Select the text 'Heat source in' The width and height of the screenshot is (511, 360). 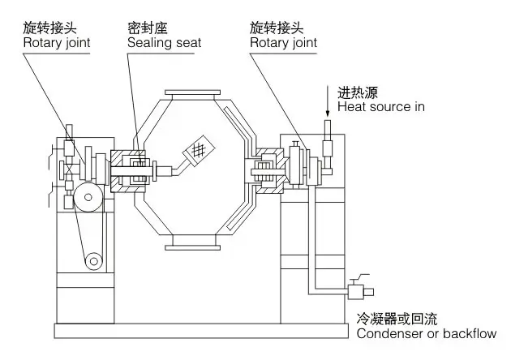coord(380,106)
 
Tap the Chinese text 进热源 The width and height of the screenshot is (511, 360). coord(357,92)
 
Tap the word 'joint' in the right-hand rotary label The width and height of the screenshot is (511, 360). coord(303,41)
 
